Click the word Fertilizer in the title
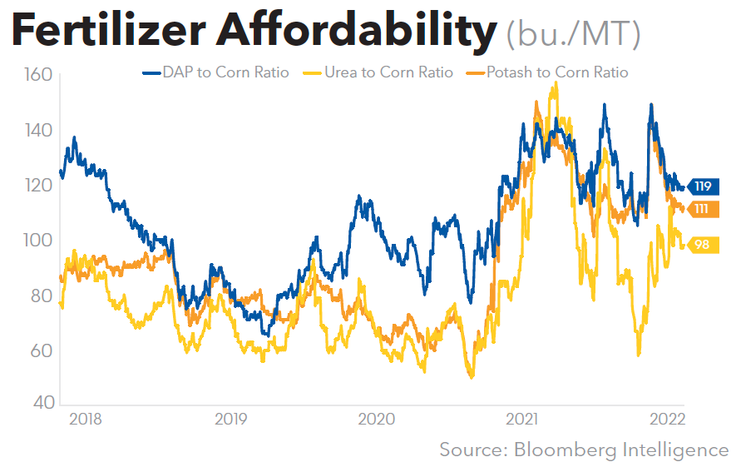[107, 31]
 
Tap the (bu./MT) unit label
[573, 34]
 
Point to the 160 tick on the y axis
[39, 75]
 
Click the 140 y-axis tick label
[39, 130]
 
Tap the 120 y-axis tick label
[39, 185]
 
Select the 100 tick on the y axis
[39, 240]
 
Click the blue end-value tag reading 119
[703, 186]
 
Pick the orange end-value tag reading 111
[703, 208]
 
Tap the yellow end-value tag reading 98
[703, 245]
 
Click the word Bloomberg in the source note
[566, 450]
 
